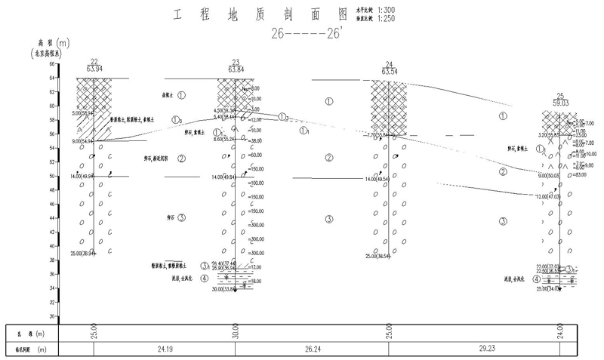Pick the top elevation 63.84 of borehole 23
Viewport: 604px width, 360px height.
[235, 69]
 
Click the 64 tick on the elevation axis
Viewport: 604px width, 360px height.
[52, 64]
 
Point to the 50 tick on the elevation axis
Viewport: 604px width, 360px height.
[52, 177]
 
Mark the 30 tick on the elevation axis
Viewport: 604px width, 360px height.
[52, 317]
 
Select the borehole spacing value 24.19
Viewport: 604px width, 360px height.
[164, 350]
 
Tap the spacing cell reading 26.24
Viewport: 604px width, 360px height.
[312, 350]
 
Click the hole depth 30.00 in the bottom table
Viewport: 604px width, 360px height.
[235, 332]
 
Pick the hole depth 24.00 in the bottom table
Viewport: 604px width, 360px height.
[560, 332]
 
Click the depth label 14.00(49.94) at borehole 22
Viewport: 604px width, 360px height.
[82, 176]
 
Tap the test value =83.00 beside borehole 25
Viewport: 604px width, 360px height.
[581, 174]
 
